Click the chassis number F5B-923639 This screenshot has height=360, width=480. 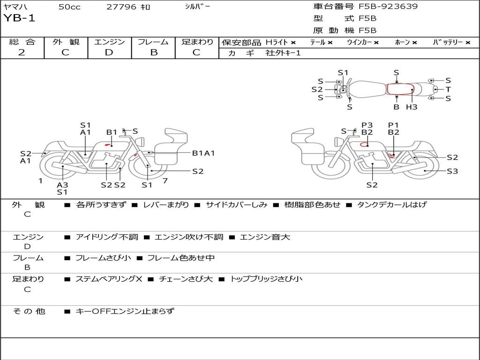click(388, 7)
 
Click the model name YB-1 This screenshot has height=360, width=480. click(19, 18)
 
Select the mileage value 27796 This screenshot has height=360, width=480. click(121, 7)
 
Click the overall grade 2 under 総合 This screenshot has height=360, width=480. click(22, 52)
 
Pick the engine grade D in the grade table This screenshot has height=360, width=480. click(109, 52)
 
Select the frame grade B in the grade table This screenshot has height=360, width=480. click(153, 52)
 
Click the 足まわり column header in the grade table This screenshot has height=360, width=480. click(197, 42)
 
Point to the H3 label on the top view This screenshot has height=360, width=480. click(412, 107)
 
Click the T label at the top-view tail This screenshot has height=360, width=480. click(448, 90)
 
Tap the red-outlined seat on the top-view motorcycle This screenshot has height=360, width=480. click(400, 89)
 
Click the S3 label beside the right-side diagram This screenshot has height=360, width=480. click(452, 172)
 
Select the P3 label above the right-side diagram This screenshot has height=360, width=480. click(367, 125)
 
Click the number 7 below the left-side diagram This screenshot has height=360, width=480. click(165, 180)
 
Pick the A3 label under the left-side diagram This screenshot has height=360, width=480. click(62, 185)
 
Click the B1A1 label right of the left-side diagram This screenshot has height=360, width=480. click(203, 153)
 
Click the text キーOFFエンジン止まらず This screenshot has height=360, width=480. click(125, 311)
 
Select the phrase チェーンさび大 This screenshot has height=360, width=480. click(186, 279)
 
